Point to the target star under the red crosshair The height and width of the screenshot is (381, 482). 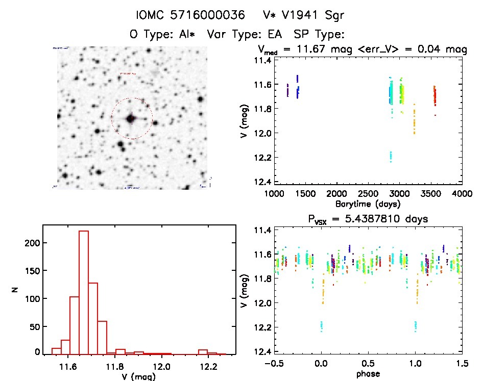coord(131,118)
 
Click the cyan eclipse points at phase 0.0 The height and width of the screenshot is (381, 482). coord(322,325)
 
